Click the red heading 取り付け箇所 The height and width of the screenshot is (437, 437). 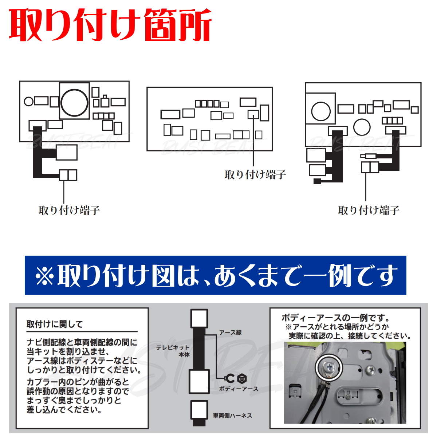tap(110, 25)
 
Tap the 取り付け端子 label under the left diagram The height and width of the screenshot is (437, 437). tap(69, 210)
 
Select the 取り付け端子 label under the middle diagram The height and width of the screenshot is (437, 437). tap(255, 175)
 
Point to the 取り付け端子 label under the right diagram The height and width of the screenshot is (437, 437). tap(369, 210)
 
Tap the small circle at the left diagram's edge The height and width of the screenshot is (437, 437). tap(28, 101)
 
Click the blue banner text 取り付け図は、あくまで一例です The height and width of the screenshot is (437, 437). tap(226, 276)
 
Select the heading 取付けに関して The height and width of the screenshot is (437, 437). tap(55, 324)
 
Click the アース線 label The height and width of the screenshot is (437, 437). tap(230, 332)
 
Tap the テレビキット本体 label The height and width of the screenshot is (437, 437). tap(173, 351)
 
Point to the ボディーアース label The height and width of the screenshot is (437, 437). tap(239, 389)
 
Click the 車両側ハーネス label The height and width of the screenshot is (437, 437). tap(232, 416)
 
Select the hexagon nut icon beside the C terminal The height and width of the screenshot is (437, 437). tap(242, 378)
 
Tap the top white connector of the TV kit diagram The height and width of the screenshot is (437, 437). tap(199, 318)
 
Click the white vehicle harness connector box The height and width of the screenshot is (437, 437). tap(199, 413)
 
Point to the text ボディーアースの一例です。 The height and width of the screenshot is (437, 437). tap(335, 318)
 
